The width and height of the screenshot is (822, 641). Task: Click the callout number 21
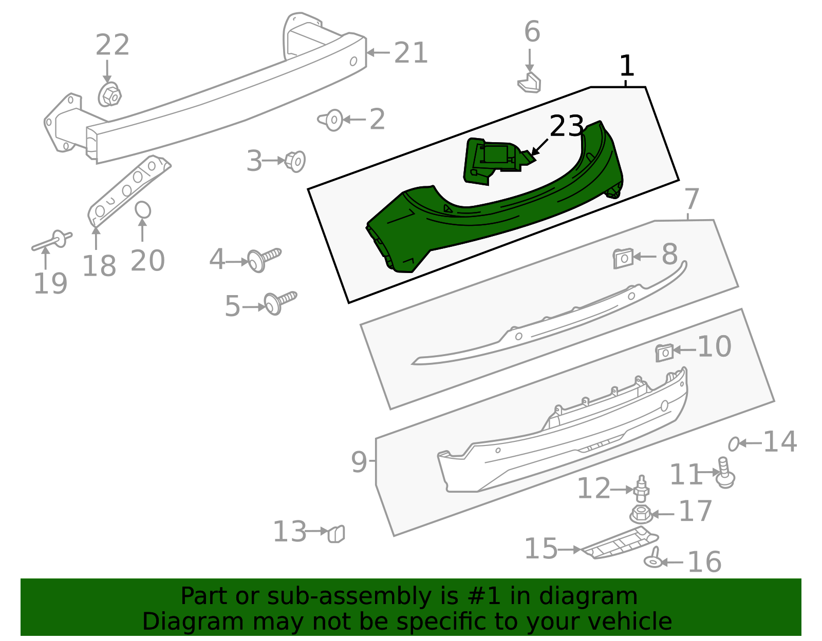click(411, 53)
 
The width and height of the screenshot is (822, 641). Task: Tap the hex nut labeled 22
click(109, 95)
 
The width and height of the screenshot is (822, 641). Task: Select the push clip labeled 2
click(332, 120)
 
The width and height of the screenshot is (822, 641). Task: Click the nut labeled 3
click(295, 161)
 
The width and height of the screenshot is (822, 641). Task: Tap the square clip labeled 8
click(623, 258)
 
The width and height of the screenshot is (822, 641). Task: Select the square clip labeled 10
click(664, 352)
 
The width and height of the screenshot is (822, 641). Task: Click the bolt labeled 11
click(725, 475)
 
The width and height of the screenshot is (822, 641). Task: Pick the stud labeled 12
click(641, 489)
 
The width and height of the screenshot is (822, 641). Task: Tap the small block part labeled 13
click(336, 534)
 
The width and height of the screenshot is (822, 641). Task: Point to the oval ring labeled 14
click(734, 443)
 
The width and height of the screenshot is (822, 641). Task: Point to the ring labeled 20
click(143, 210)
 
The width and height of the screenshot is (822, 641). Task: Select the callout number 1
click(626, 66)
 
